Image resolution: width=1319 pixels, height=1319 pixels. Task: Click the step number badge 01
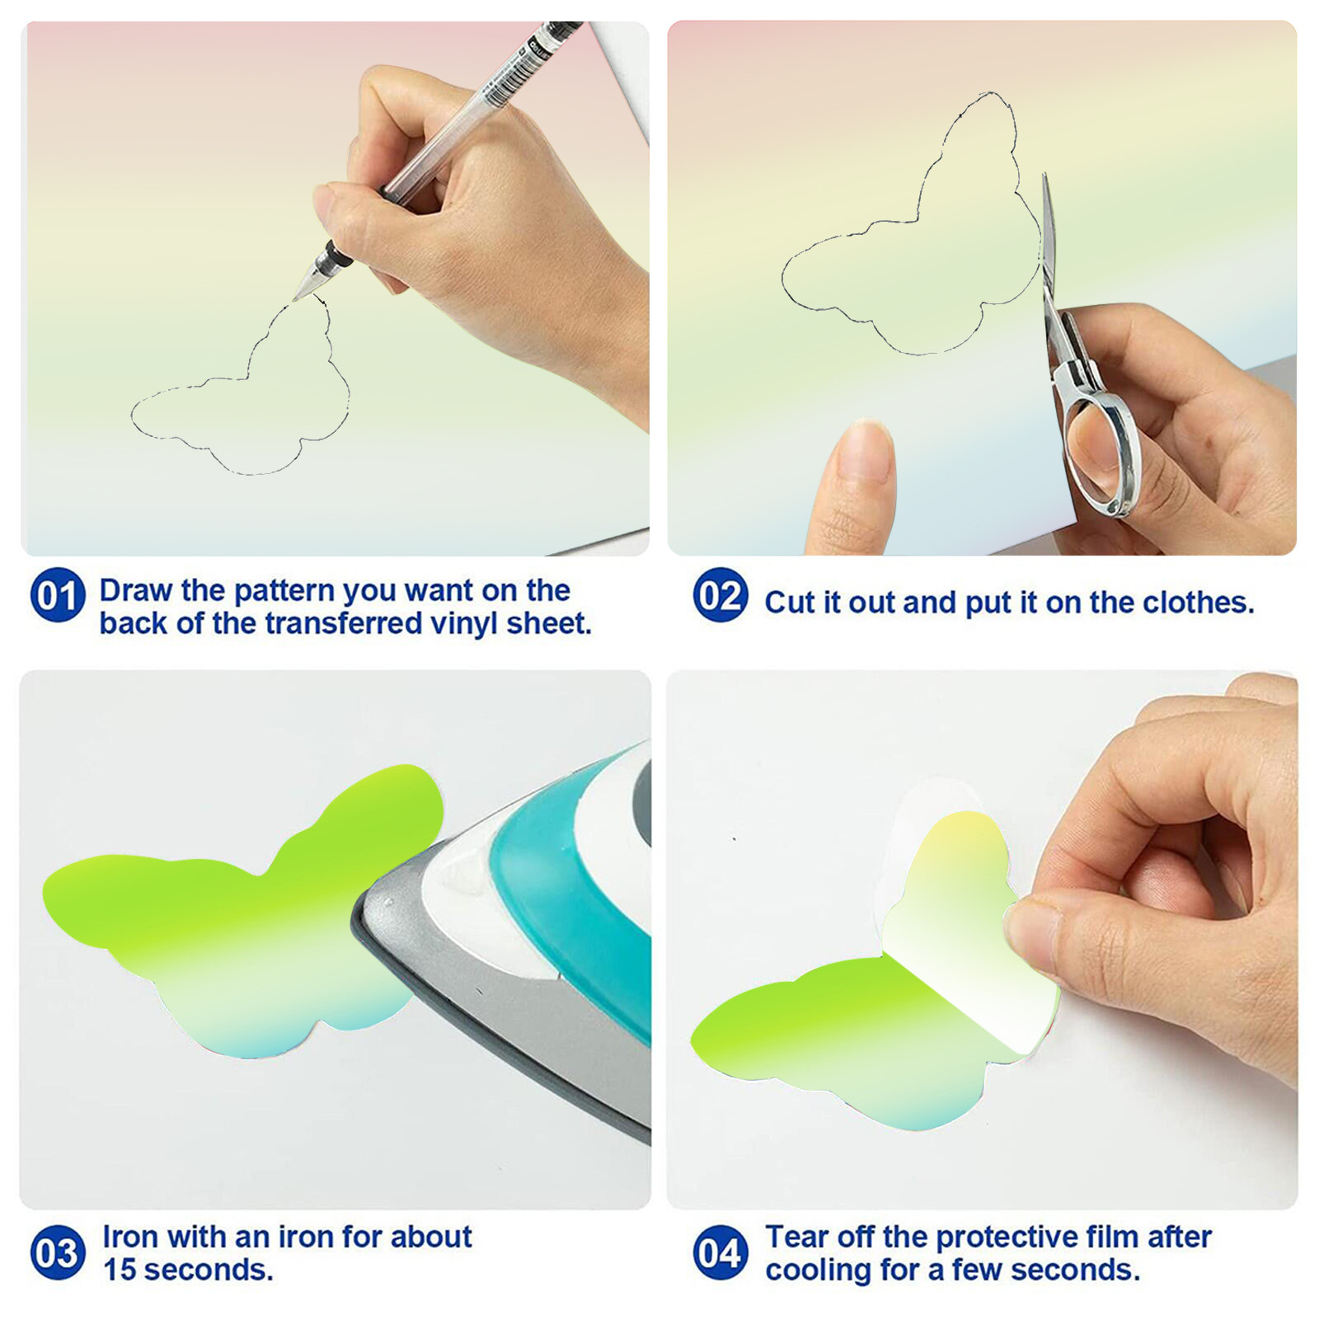58,594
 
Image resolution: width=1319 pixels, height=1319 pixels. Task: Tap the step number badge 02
721,594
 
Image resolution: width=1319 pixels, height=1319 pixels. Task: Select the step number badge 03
58,1253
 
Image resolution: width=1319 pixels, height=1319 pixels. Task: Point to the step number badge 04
721,1253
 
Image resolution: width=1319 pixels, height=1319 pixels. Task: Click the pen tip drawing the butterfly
296,298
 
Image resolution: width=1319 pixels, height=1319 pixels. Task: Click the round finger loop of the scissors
1102,453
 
